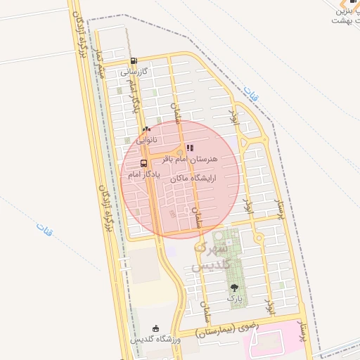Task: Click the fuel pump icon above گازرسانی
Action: click(134, 60)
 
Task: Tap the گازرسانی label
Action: click(134, 71)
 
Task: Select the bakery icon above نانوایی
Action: click(146, 129)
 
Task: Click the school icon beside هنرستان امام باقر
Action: click(190, 148)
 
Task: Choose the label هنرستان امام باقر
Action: click(191, 159)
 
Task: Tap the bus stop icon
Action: click(143, 163)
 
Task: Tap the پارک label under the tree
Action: click(234, 298)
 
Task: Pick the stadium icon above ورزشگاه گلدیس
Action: click(155, 328)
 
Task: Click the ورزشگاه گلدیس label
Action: click(155, 340)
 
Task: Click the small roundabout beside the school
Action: click(180, 153)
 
